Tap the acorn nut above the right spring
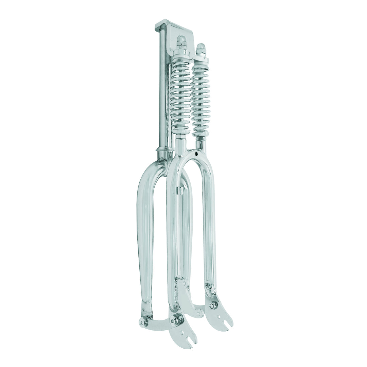[201, 49]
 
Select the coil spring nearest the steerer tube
[180, 95]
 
